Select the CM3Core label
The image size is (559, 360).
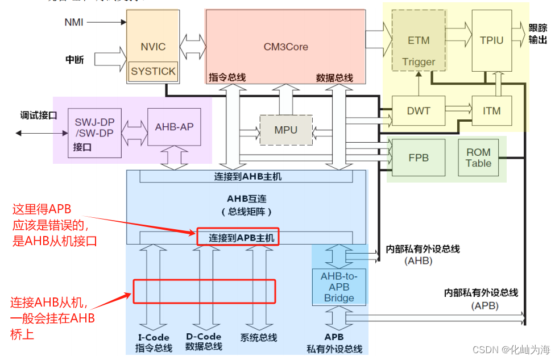[x=285, y=47]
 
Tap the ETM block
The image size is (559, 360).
[x=419, y=41]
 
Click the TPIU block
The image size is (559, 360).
[x=491, y=41]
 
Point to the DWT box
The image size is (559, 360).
[x=419, y=111]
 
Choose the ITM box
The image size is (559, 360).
[x=491, y=111]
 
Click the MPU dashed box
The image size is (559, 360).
[x=285, y=130]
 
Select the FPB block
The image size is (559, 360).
[x=419, y=158]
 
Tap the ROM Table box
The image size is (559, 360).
[x=478, y=158]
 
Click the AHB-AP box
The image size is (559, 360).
[x=174, y=127]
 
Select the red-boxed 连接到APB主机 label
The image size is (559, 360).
[x=242, y=238]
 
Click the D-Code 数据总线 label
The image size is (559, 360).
[x=204, y=341]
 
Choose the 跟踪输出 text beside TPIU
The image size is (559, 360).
[x=538, y=34]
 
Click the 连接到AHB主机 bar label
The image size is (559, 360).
[x=248, y=177]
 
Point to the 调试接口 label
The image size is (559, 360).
[x=38, y=115]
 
